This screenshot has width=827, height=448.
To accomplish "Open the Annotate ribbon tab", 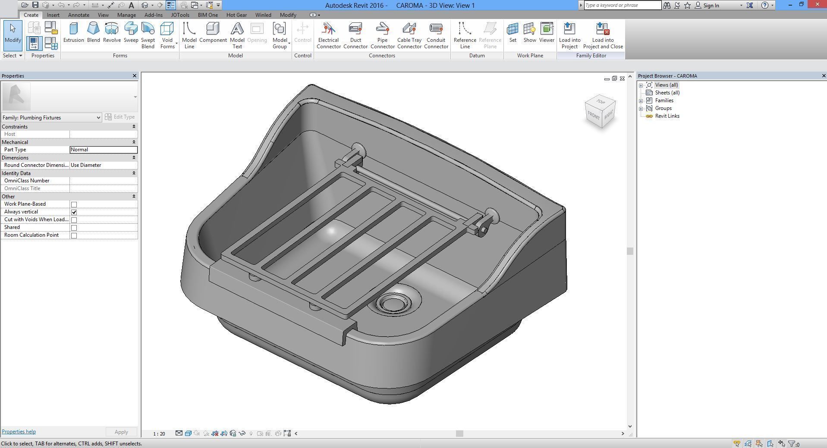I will tap(79, 15).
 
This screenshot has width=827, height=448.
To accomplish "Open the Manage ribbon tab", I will tap(126, 15).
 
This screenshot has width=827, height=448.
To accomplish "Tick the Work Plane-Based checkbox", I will tap(74, 204).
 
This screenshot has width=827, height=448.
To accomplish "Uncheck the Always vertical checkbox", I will tap(74, 212).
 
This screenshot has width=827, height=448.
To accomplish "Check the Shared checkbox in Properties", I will tap(74, 228).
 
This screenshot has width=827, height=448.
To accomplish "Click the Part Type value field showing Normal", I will tap(104, 150).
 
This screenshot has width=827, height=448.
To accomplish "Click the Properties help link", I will tap(19, 432).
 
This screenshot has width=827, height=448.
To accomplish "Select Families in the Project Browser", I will tap(664, 100).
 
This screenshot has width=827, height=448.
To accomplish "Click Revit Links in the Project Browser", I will tap(667, 116).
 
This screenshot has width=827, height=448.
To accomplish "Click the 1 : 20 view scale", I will tap(159, 433).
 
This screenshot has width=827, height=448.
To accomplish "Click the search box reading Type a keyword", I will tap(622, 5).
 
